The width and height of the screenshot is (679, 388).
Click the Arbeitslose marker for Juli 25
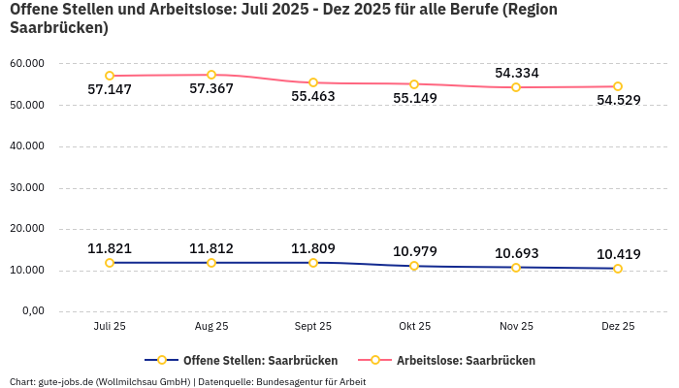point(110,76)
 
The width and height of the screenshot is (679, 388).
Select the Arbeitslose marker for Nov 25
point(516,87)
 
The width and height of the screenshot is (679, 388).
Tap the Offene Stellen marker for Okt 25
point(414,266)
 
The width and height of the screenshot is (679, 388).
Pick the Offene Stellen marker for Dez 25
point(618,269)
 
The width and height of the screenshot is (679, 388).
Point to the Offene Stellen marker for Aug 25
point(211,263)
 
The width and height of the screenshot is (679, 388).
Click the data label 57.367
point(211,89)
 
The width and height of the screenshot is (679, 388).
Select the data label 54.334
point(516,73)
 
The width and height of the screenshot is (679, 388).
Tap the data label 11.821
point(110,248)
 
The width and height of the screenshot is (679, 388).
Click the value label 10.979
point(414,252)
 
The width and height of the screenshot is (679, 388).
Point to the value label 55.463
point(313,97)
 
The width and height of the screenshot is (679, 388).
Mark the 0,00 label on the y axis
point(32,311)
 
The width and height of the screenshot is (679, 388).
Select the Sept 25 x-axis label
point(313,326)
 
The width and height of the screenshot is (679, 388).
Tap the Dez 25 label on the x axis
point(618,326)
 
